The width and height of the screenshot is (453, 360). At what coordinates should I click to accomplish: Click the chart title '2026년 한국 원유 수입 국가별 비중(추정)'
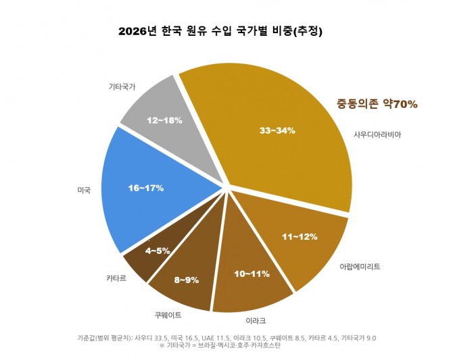[x=220, y=31]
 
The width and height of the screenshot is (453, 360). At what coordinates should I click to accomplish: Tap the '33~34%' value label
[x=277, y=130]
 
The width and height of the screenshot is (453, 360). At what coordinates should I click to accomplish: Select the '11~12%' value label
[x=300, y=237]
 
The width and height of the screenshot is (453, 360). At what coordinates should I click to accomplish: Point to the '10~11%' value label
[x=252, y=274]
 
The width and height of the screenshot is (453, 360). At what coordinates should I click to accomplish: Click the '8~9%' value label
[x=187, y=279]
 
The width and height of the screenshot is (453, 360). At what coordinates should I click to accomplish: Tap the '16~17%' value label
[x=146, y=188]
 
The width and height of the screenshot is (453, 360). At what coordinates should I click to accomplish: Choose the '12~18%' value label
[x=164, y=120]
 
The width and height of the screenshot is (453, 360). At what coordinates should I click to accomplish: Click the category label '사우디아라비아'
[x=377, y=134]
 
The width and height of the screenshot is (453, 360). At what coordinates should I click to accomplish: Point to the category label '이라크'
[x=256, y=319]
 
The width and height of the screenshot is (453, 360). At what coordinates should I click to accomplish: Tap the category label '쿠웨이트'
[x=169, y=314]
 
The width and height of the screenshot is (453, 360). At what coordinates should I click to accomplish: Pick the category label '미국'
[x=84, y=190]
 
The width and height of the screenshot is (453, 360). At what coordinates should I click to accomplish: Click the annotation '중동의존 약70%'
[x=377, y=104]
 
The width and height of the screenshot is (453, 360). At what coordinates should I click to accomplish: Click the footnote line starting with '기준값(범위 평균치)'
[x=226, y=337]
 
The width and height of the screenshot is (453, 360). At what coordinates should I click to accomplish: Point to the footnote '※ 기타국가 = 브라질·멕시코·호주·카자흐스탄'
[x=220, y=346]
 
